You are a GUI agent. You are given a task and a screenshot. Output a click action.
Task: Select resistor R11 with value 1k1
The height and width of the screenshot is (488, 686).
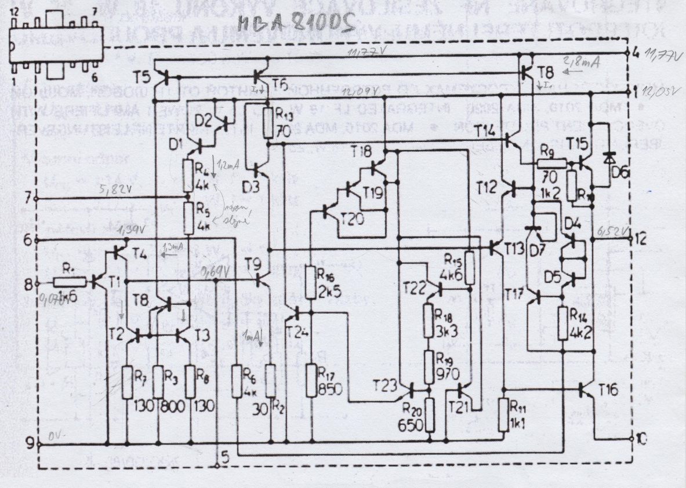pyautogui.click(x=503, y=414)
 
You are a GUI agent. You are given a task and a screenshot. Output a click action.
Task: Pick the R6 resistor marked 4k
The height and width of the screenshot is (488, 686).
pyautogui.click(x=236, y=380)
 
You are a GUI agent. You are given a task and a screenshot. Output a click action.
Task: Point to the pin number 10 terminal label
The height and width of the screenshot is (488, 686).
pyautogui.click(x=639, y=439)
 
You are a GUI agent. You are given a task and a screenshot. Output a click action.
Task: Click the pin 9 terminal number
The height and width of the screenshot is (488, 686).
pyautogui.click(x=29, y=443)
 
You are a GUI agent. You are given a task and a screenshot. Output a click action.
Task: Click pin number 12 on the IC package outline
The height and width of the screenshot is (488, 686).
pyautogui.click(x=14, y=12)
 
